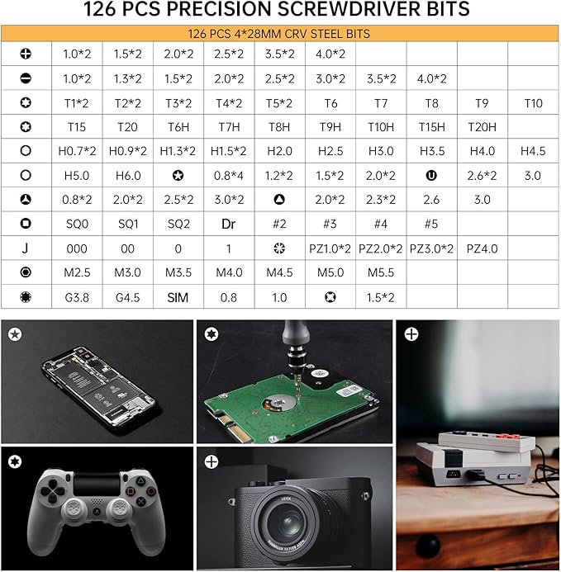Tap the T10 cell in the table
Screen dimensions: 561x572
coord(533,103)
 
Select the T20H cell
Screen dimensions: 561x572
coord(483,127)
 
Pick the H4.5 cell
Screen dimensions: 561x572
coord(533,151)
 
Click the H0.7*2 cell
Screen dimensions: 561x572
coord(77,151)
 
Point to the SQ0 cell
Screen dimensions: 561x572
coord(77,224)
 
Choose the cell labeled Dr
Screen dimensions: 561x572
coord(229,224)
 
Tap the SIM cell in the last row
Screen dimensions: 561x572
coord(178,298)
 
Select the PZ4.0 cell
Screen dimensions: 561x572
coord(483,248)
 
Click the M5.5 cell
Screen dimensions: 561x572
coord(381,272)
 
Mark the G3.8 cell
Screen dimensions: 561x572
coord(77,298)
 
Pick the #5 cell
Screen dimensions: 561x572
coord(431,224)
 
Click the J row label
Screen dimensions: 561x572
coord(26,248)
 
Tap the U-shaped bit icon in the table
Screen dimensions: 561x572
coord(431,176)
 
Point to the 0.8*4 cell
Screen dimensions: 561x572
coord(229,176)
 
